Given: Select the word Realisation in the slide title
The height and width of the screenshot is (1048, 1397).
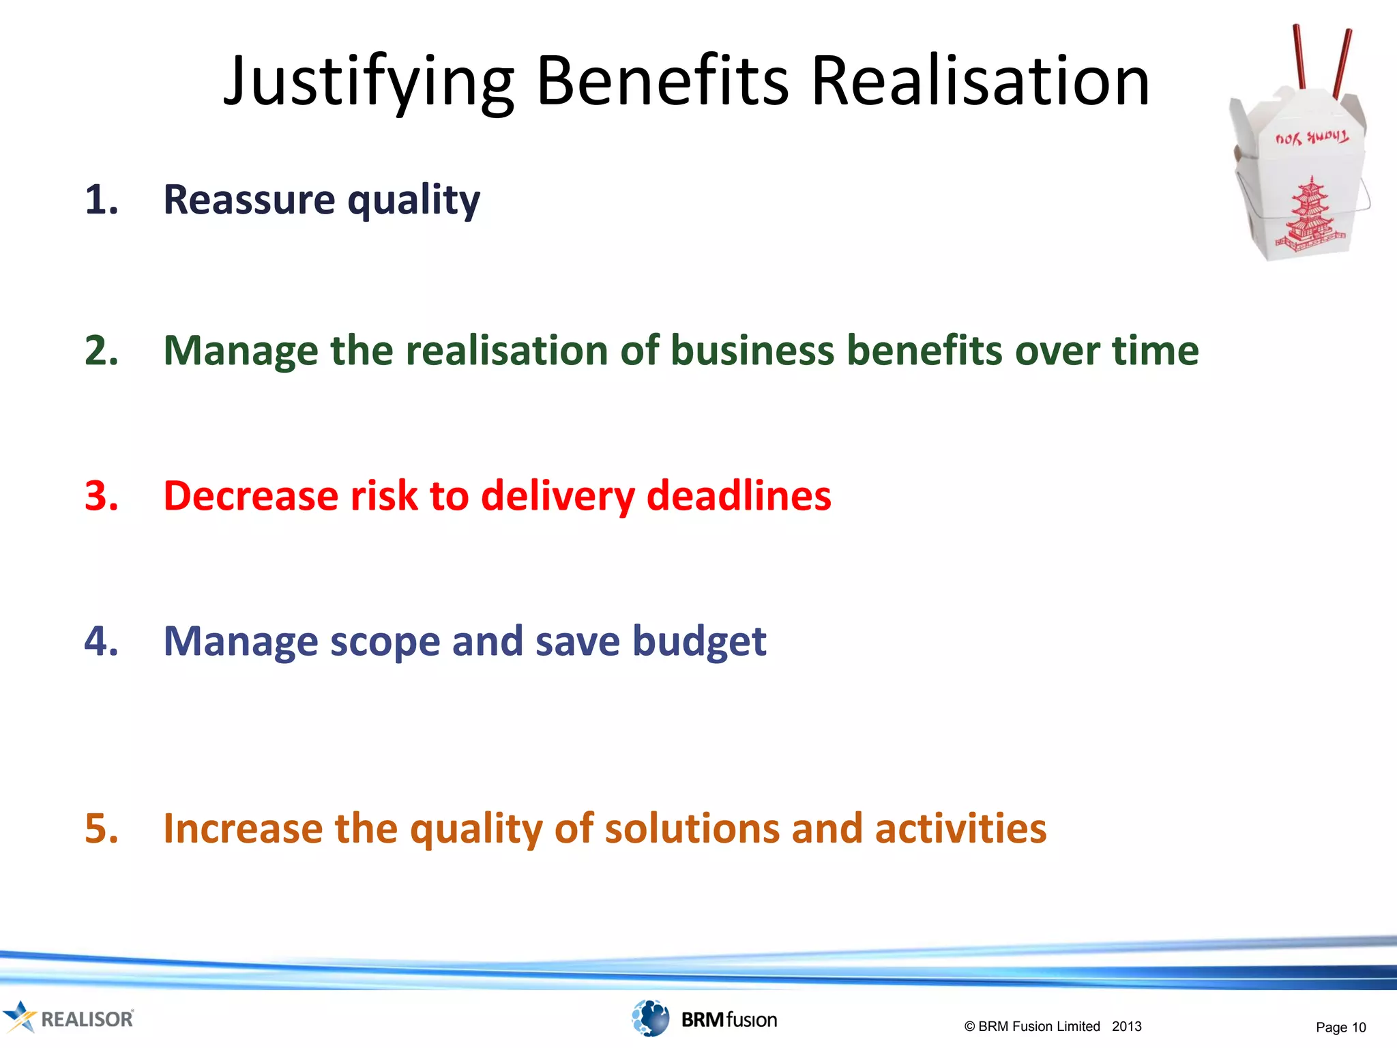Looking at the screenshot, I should coord(980,82).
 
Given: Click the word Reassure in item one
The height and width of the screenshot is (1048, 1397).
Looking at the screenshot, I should coord(249,200).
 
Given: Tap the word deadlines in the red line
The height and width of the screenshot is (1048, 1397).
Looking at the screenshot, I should coord(739,496).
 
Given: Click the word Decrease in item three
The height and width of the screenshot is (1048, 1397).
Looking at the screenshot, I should coord(250,496).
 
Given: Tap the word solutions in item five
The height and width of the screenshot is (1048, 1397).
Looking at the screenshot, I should coord(692,829).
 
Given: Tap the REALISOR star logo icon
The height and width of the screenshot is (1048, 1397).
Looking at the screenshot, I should coord(19,1017).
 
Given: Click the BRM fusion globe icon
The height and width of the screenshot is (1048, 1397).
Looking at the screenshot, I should coord(650,1018).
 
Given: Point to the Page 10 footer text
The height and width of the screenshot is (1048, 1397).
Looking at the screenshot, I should coord(1340,1028).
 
